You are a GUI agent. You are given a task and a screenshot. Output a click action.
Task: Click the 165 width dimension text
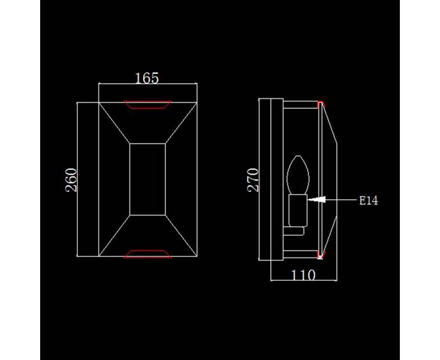tap(147, 78)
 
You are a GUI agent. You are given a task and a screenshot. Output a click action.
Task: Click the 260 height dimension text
tap(71, 180)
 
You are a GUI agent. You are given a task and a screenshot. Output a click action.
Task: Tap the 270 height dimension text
tap(253, 180)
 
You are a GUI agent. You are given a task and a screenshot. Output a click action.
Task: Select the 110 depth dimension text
tap(303, 275)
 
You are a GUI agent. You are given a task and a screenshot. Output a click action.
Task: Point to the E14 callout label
tap(369, 201)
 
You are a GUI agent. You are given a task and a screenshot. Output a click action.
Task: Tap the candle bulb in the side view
tap(298, 175)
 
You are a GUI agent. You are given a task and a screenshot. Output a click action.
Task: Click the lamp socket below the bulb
tap(298, 211)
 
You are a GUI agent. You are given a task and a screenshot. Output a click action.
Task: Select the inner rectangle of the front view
tap(147, 179)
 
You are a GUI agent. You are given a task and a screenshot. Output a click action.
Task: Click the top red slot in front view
tap(147, 105)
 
